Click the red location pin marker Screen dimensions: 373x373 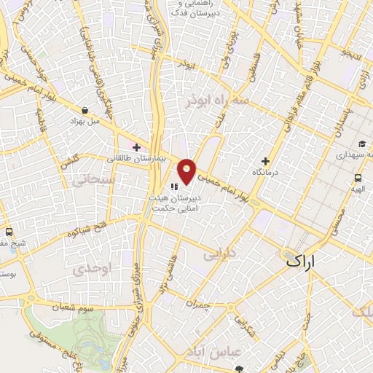tap(187, 171)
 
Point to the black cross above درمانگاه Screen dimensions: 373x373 tap(265, 160)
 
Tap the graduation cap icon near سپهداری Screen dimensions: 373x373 tap(362, 144)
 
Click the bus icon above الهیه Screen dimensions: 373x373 tap(358, 177)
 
